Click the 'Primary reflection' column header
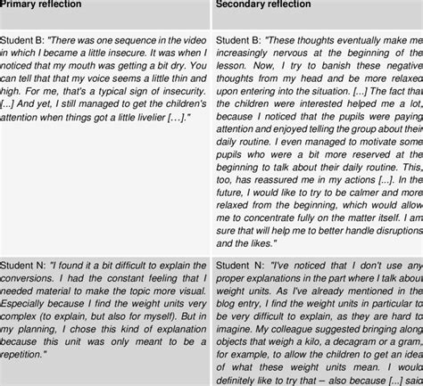[43, 4]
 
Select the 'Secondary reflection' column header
[264, 4]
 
